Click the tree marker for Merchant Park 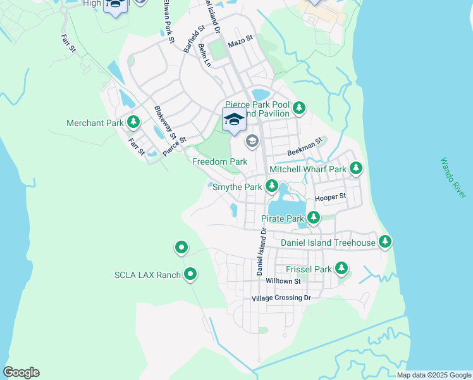[133, 122]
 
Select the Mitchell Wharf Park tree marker [357, 168]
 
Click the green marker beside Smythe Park [271, 186]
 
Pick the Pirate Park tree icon [312, 218]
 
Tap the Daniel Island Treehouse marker [384, 241]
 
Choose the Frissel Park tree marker [341, 269]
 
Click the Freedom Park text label [219, 161]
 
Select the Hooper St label [331, 197]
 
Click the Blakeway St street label [164, 123]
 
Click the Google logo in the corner [21, 372]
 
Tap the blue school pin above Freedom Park [234, 120]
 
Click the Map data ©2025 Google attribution [433, 375]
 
